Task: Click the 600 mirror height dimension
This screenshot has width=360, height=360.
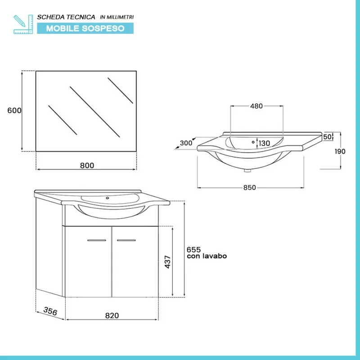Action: tap(14, 110)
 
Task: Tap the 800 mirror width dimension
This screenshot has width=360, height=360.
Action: tap(87, 166)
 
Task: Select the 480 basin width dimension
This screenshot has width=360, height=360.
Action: tap(256, 106)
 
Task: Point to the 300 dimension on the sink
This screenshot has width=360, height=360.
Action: tap(186, 143)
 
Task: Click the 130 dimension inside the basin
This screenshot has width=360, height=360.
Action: tap(264, 143)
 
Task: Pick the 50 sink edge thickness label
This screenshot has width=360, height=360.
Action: tap(328, 137)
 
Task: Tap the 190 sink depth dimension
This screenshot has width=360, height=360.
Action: tap(340, 152)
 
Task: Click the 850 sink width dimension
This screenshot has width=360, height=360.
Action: tap(250, 188)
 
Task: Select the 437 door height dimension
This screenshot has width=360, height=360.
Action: tap(168, 262)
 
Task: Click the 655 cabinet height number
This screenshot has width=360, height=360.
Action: tap(194, 250)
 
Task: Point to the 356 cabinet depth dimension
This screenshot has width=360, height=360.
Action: tap(50, 311)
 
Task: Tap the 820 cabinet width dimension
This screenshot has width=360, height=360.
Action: tap(112, 316)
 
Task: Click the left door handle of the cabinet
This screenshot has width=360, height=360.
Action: tap(97, 240)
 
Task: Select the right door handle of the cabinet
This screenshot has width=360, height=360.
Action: tap(126, 240)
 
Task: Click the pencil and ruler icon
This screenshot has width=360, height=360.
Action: tap(23, 24)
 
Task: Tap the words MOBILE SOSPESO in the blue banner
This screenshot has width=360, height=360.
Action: tap(85, 28)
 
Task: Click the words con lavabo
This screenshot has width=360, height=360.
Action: tap(207, 256)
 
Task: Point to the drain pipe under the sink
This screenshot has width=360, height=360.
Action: tap(247, 171)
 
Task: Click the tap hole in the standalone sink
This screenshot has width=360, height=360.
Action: tap(253, 142)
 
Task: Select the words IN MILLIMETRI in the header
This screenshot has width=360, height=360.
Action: tap(117, 17)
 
